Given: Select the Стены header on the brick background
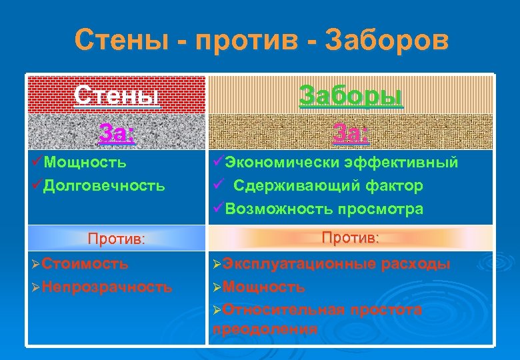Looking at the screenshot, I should point(117,95).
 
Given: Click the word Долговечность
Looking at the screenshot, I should point(104,185).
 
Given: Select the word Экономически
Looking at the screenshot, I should point(284,162).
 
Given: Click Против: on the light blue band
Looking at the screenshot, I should point(117,239).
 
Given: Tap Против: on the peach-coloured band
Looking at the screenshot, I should point(351,237).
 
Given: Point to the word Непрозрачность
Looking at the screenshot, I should point(107,287).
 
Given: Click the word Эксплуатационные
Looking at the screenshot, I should point(300,263).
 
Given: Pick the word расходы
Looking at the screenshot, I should point(416,263).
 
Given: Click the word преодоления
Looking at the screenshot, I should point(265,328).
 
